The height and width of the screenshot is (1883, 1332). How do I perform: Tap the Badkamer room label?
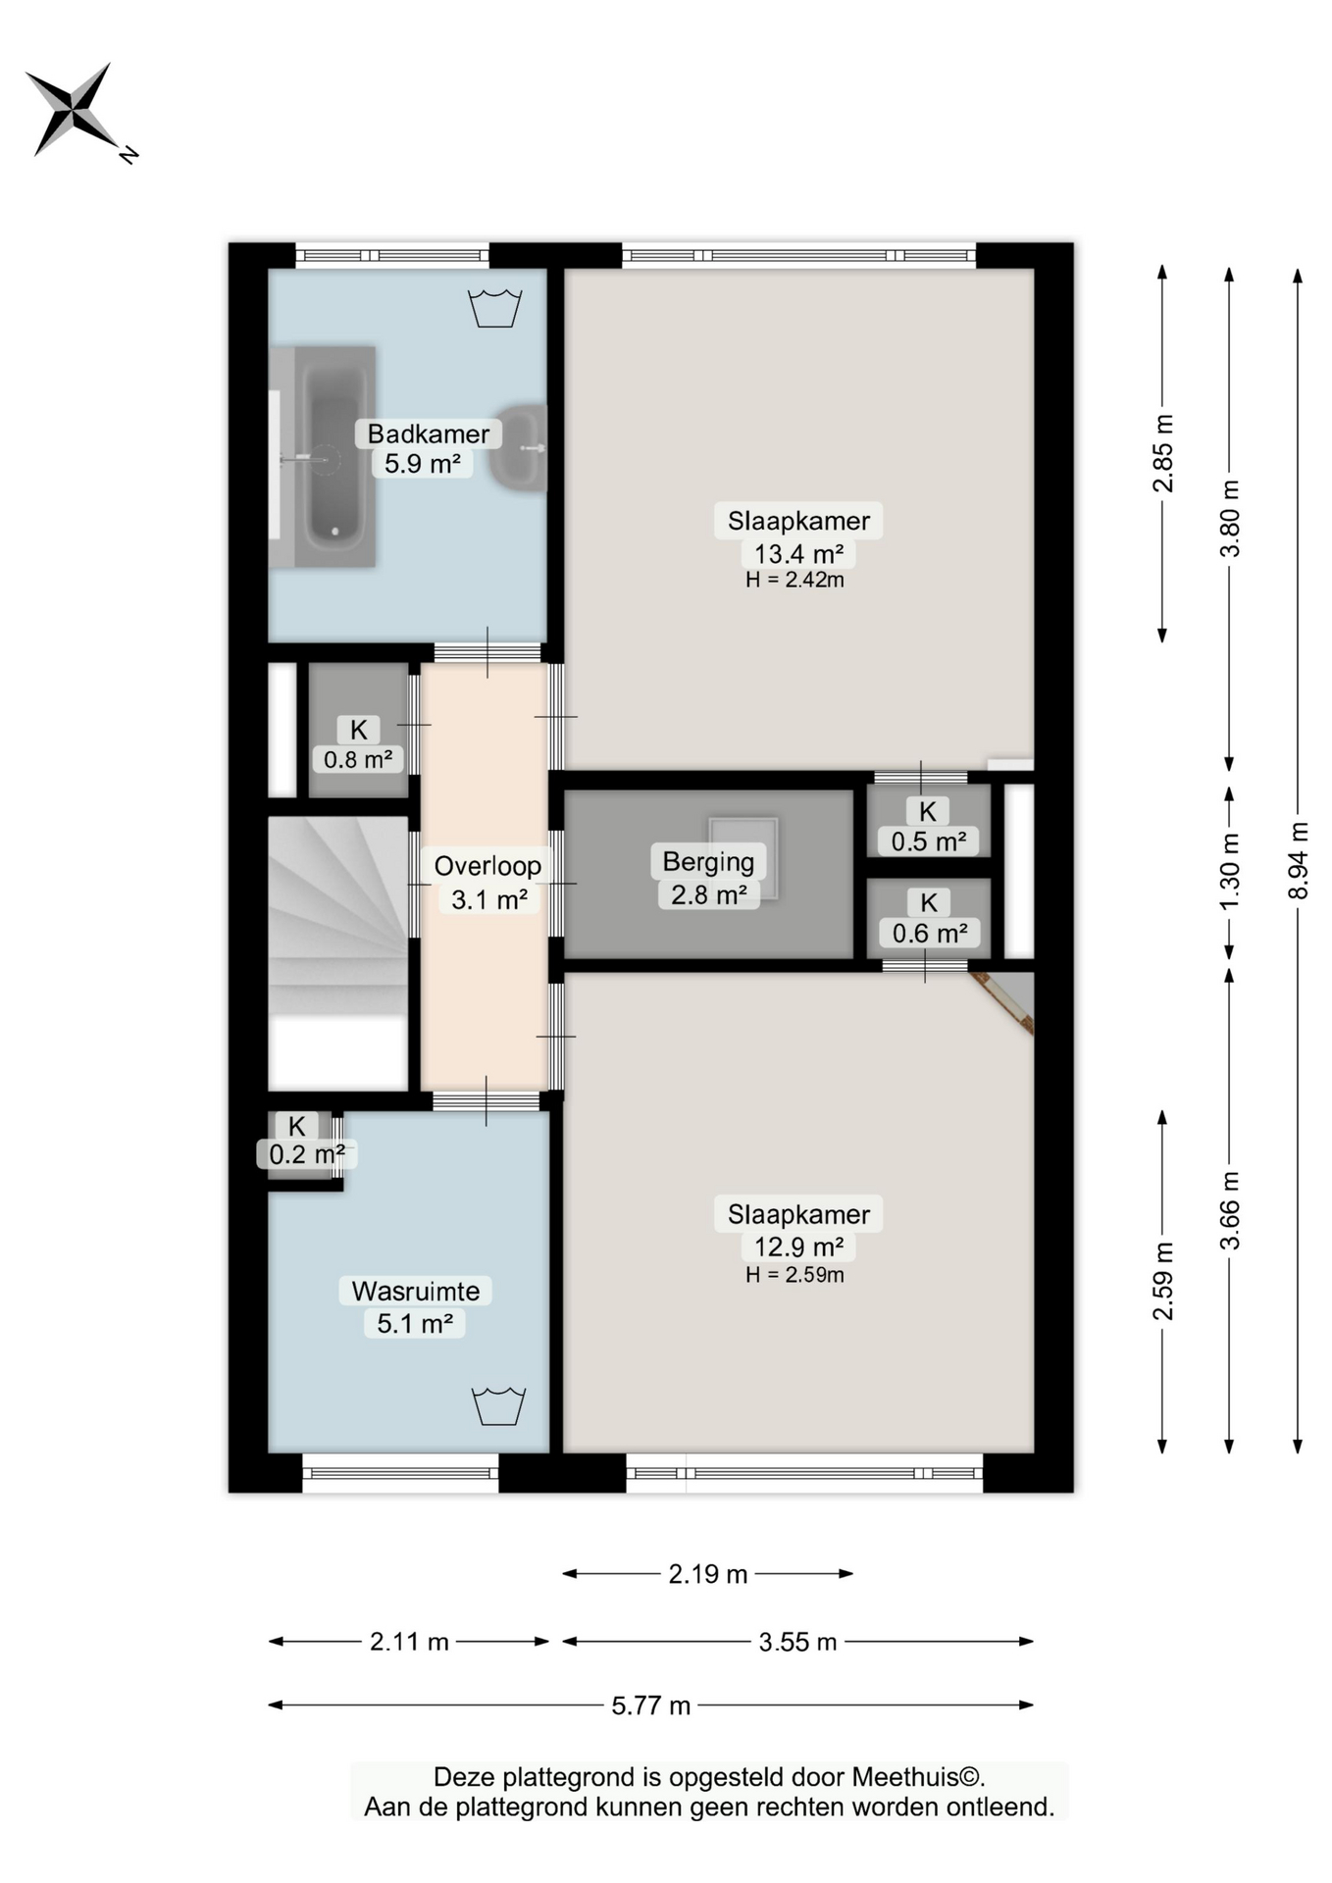tap(428, 433)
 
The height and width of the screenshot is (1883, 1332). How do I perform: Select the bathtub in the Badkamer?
tap(323, 456)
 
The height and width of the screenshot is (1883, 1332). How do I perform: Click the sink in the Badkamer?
tap(520, 447)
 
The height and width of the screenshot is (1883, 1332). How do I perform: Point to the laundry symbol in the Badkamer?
tap(495, 308)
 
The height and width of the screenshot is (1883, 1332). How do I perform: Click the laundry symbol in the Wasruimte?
tap(499, 1405)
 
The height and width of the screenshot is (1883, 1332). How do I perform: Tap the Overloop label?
tap(487, 866)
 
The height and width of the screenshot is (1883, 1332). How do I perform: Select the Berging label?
tap(708, 862)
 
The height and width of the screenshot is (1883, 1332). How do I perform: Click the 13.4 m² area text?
tap(798, 554)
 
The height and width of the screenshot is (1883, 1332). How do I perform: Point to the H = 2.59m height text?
tap(794, 1275)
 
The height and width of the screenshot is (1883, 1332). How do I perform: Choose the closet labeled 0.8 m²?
tap(358, 730)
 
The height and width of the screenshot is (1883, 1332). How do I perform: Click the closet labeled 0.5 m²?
tap(928, 821)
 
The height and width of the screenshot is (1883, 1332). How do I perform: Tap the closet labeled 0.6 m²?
tap(928, 918)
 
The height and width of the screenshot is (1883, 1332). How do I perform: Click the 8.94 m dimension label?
tap(1299, 860)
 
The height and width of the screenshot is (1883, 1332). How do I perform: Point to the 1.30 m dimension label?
tap(1230, 871)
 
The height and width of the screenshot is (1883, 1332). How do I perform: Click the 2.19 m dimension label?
tap(708, 1574)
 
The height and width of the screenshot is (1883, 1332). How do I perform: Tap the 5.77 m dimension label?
tap(651, 1705)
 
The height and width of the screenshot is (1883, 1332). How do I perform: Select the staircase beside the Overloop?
tap(338, 953)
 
